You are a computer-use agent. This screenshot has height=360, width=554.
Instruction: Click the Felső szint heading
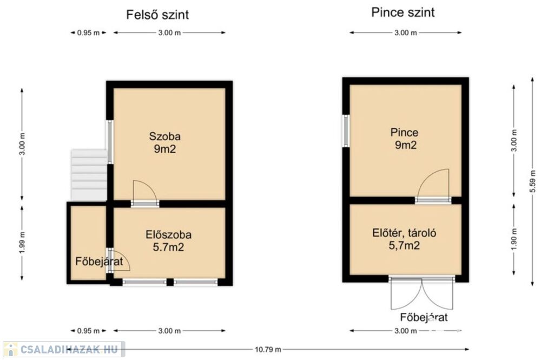[157, 15]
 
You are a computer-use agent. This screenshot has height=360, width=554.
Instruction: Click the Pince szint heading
[403, 12]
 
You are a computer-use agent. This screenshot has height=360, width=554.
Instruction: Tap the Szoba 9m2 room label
[164, 142]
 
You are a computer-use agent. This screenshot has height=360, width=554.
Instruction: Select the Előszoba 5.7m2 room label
[169, 241]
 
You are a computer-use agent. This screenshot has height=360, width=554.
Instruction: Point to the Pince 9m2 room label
[405, 139]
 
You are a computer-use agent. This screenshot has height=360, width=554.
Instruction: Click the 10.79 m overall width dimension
[268, 349]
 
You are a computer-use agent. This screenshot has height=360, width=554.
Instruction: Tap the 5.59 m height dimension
[533, 181]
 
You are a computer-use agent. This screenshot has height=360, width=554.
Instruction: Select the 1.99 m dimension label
[22, 242]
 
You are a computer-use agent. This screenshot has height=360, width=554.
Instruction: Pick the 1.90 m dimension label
[514, 239]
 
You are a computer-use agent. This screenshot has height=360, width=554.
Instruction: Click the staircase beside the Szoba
[89, 175]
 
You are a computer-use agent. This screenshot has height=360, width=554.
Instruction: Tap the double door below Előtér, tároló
[422, 294]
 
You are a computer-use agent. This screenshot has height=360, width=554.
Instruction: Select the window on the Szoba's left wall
[110, 142]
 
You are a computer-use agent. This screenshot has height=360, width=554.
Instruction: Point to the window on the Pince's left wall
[346, 131]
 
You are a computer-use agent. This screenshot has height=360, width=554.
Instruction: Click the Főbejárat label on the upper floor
[99, 261]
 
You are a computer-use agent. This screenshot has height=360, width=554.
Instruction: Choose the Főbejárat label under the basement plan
[424, 317]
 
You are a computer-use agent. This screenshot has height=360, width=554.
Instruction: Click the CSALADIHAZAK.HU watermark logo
[64, 349]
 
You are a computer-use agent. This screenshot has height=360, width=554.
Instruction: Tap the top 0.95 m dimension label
[88, 33]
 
